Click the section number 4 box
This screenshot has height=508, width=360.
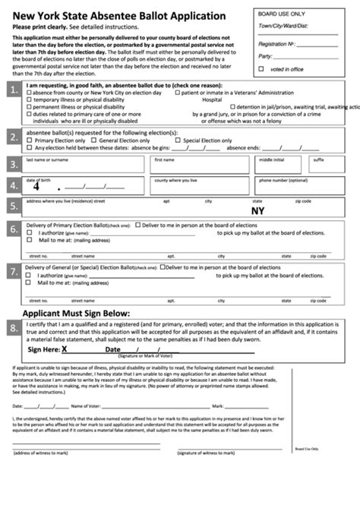[12, 185]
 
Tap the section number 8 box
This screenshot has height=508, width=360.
[12, 327]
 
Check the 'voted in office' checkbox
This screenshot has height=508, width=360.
[262, 69]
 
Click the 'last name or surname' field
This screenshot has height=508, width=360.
[84, 166]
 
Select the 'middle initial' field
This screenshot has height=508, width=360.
[280, 166]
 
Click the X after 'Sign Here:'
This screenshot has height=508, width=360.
[65, 349]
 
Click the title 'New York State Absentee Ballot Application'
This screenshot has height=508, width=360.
[125, 15]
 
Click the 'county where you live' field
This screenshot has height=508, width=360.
[202, 187]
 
